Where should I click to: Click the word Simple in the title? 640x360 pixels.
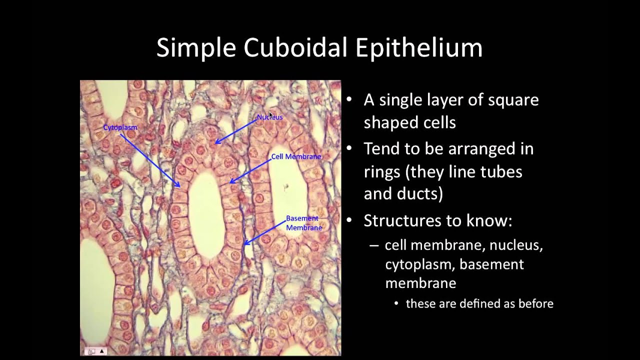(x=196, y=48)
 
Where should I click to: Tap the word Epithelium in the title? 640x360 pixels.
(x=419, y=48)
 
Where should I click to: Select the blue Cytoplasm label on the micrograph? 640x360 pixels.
(x=120, y=127)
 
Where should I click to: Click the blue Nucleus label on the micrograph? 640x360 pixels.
(x=269, y=117)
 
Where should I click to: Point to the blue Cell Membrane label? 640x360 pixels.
(x=296, y=156)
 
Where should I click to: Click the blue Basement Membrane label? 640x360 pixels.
(x=303, y=223)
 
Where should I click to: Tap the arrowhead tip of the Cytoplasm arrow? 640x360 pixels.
(x=179, y=187)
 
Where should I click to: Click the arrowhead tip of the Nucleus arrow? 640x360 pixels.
(x=215, y=144)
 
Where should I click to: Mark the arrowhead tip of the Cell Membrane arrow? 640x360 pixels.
(x=229, y=183)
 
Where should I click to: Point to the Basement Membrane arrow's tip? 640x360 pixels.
(x=244, y=245)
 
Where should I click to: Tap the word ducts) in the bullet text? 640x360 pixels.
(x=420, y=193)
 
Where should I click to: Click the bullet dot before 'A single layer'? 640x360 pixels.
(x=349, y=100)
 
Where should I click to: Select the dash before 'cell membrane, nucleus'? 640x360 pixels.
(x=374, y=245)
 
